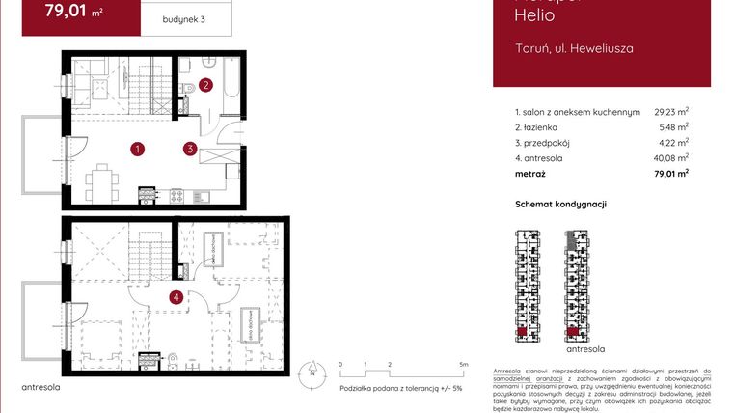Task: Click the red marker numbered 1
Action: click(x=139, y=149)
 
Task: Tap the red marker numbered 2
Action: click(x=206, y=84)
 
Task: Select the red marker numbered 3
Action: click(x=191, y=149)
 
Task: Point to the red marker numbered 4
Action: click(x=176, y=297)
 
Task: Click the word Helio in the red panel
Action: click(x=533, y=14)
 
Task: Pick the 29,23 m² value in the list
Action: click(x=671, y=112)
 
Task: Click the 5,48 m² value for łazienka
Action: click(x=673, y=127)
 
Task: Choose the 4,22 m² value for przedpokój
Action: click(x=673, y=143)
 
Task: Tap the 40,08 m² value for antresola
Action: click(x=671, y=158)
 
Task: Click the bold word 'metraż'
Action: click(x=530, y=174)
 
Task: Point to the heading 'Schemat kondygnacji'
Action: click(x=561, y=205)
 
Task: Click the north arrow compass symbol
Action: click(x=312, y=371)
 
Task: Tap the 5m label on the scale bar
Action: click(x=464, y=364)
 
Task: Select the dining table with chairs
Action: click(x=99, y=179)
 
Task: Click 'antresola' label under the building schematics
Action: click(x=585, y=348)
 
